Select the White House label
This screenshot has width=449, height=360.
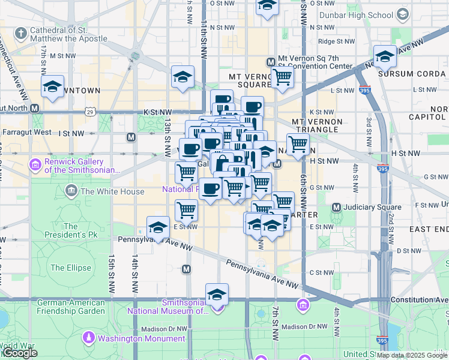tap(105, 191)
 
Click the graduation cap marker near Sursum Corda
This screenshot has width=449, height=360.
tap(385, 57)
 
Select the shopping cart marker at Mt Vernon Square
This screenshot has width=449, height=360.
tap(282, 77)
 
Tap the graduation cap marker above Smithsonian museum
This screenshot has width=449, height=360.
tap(217, 295)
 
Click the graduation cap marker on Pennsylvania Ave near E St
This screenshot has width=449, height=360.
tap(158, 227)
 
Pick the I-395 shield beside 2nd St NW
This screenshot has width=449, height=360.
tap(383, 170)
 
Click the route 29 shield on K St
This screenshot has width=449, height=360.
tap(90, 112)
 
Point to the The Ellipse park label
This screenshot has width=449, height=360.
tap(71, 268)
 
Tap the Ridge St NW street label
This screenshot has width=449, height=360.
tap(337, 41)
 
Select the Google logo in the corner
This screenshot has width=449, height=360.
tap(19, 353)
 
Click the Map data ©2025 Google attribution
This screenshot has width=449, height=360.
tap(411, 355)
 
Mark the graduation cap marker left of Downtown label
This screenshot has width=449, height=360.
tap(53, 86)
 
